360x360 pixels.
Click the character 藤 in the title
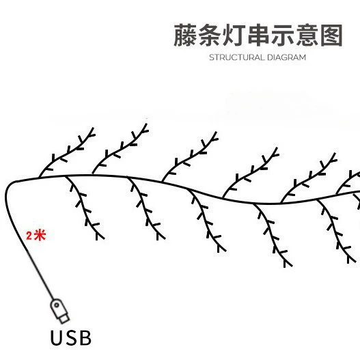185,35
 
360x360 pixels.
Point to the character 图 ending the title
331,36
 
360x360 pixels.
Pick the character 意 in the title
307,35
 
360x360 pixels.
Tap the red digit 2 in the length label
29,236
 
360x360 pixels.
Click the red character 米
40,235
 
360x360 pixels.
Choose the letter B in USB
85,337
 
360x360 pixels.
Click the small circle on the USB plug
57,305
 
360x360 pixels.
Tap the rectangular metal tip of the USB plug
64,319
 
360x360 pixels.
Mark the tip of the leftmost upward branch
93,128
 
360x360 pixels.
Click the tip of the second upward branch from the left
146,124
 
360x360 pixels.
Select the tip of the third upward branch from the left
216,133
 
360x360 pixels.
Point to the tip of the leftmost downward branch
104,238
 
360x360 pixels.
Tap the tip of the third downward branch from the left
225,251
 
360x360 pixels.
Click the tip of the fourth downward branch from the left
292,266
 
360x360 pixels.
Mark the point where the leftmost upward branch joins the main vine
39,178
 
